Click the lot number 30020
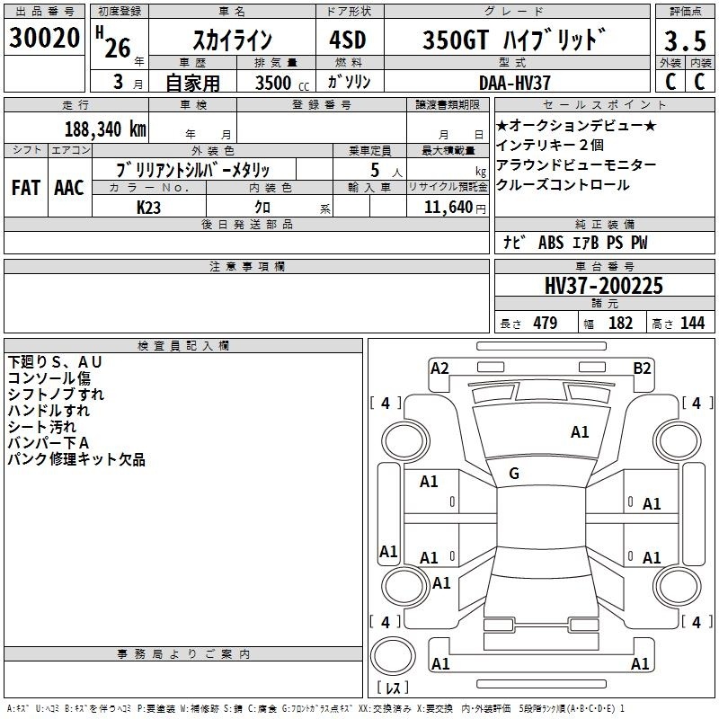[44, 38]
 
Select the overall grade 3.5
[685, 40]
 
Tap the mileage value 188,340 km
[105, 129]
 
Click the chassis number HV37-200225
[604, 286]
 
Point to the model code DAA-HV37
[514, 83]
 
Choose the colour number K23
[148, 208]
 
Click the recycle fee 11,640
[448, 207]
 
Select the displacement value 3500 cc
[282, 83]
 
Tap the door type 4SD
[348, 40]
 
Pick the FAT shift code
[26, 188]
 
